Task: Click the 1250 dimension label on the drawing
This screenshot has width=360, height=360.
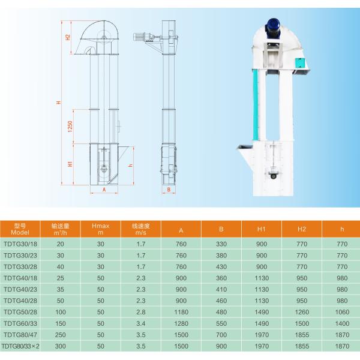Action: click(x=70, y=126)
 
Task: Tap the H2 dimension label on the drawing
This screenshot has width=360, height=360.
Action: click(x=68, y=37)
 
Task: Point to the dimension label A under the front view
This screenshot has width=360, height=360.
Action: click(x=104, y=189)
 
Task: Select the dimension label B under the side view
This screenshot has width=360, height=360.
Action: click(x=169, y=189)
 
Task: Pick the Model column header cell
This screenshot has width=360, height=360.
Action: click(x=20, y=229)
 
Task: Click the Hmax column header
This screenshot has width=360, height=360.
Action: click(x=100, y=229)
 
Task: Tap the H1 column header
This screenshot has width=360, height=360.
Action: click(x=261, y=229)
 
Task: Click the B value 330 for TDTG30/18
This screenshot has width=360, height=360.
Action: click(x=221, y=244)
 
